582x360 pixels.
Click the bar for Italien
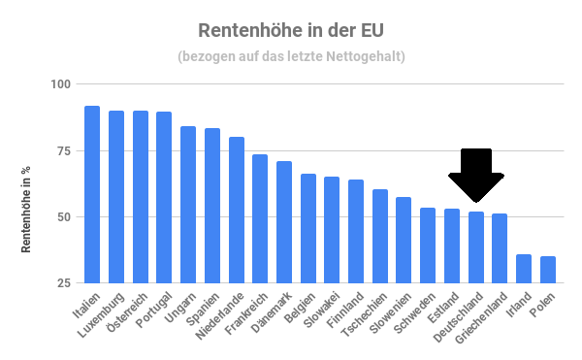92,194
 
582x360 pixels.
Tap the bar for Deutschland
475,246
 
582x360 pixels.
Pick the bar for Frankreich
260,218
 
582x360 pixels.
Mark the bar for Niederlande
236,210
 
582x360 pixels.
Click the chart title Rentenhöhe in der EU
291,32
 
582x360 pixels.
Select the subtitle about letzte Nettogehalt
291,56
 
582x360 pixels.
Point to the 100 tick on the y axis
60,84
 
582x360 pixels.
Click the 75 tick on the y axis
63,150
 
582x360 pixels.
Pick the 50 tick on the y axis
63,216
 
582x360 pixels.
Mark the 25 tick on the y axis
63,282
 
